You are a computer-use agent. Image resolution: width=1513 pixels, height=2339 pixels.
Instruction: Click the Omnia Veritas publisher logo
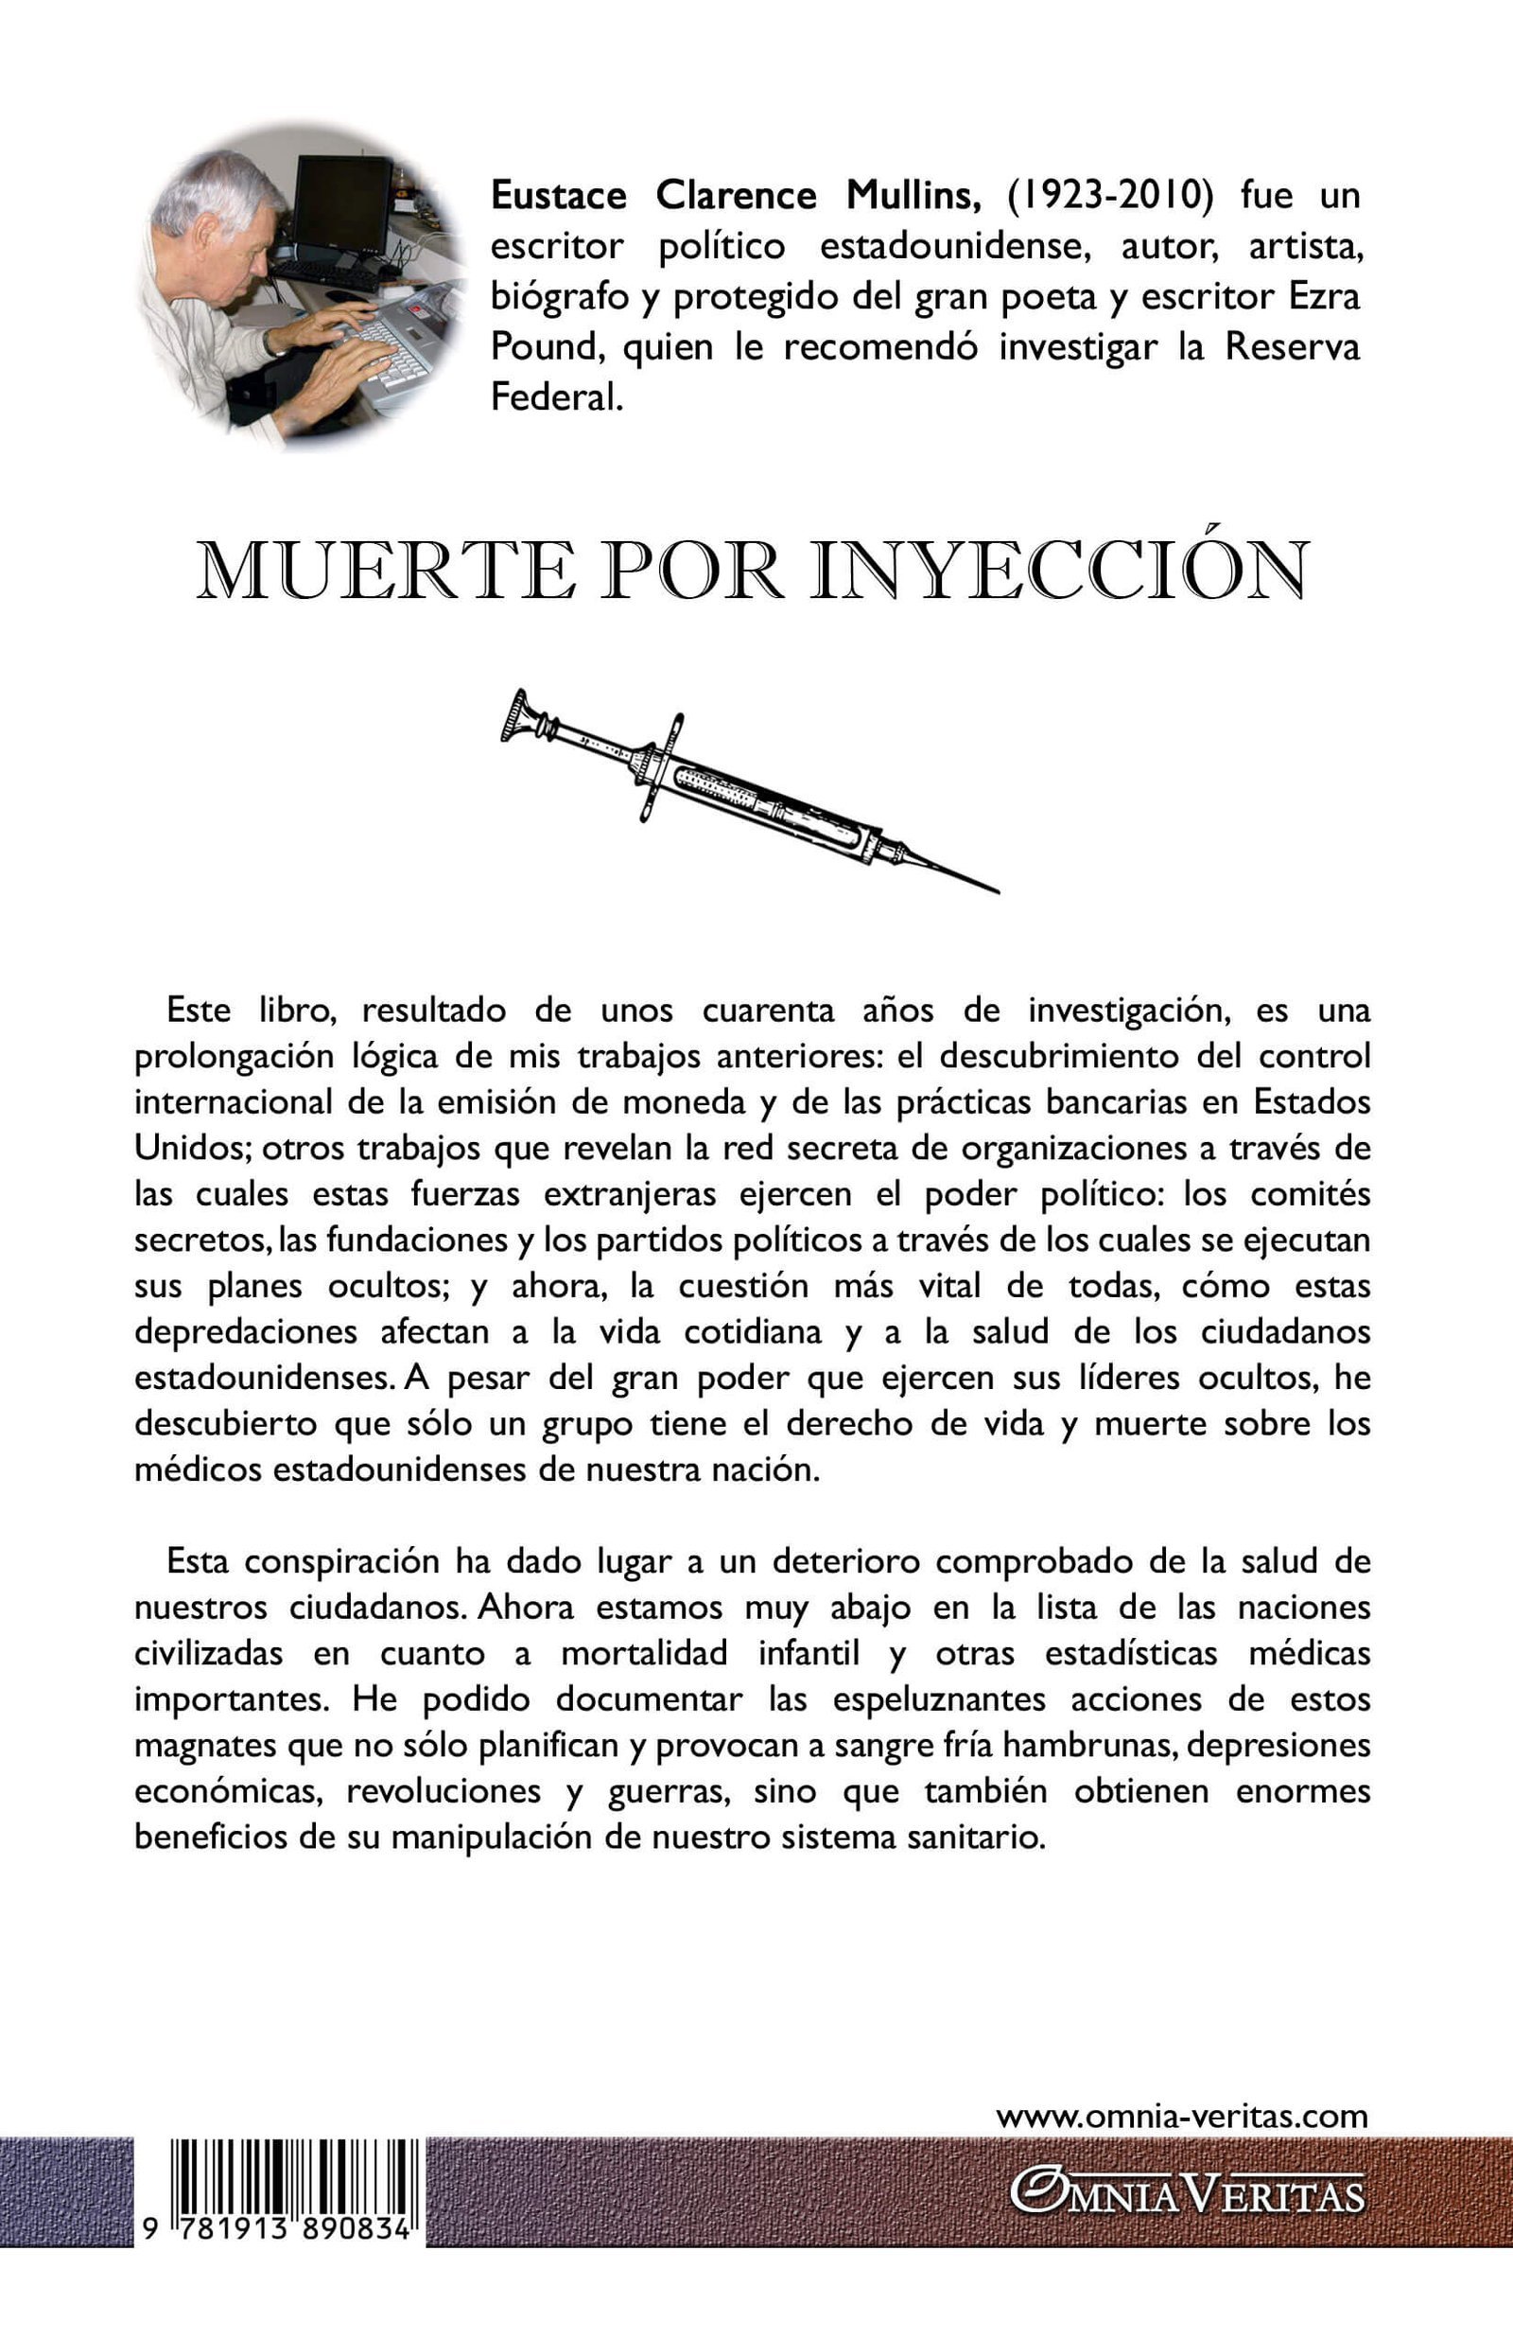(1188, 2194)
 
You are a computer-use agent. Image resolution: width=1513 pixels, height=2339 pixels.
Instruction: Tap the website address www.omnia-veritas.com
(1182, 2115)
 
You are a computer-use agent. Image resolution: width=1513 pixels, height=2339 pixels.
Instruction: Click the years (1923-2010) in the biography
(1110, 196)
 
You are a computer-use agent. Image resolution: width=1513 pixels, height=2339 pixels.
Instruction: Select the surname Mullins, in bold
(913, 196)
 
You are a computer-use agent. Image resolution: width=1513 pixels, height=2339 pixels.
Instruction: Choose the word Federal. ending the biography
(557, 398)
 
